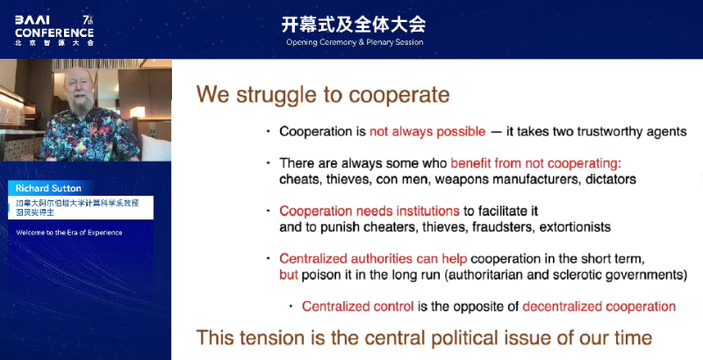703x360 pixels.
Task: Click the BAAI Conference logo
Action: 54,31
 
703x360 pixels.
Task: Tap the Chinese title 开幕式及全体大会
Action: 354,25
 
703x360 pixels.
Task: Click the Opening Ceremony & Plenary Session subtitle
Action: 355,43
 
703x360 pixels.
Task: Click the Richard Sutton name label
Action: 48,188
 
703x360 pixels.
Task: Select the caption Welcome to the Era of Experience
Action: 69,232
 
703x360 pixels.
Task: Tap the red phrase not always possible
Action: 427,132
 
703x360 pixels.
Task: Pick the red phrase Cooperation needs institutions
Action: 369,211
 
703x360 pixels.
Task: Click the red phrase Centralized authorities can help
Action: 373,259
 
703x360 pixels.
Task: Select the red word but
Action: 288,274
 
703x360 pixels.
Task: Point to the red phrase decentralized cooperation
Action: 599,306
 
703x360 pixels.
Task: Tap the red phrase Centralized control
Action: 358,306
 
